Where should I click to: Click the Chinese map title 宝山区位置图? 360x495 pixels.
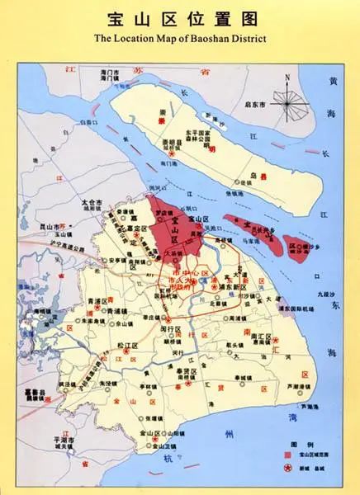pos(179,17)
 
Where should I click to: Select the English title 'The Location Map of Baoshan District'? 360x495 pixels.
pos(179,38)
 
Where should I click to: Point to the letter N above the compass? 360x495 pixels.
pos(287,79)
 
